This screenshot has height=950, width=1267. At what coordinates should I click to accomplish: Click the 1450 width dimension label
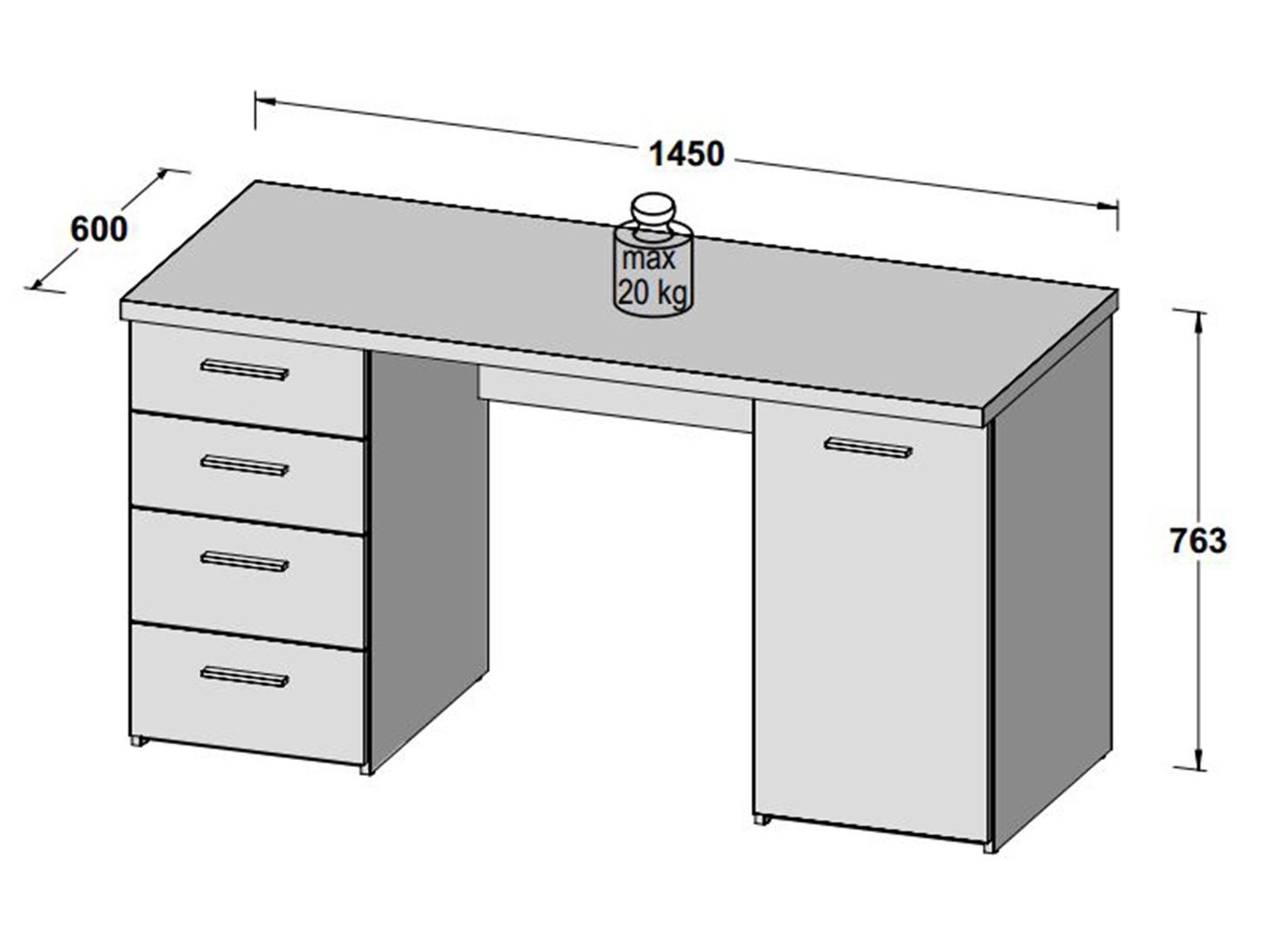tap(686, 154)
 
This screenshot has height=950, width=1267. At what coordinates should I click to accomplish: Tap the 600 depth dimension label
tap(99, 230)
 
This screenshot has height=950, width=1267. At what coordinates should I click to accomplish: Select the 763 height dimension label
tap(1197, 541)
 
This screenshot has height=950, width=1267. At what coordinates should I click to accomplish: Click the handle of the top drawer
tap(244, 369)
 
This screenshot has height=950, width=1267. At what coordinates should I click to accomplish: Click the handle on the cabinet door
tap(868, 447)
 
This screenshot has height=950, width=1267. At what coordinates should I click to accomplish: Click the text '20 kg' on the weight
tap(653, 293)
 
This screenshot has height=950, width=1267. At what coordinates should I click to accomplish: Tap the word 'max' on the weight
tap(648, 259)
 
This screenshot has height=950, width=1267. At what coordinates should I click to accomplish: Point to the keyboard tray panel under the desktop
tap(614, 400)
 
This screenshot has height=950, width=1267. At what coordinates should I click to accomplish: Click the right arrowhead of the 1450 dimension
tap(1109, 205)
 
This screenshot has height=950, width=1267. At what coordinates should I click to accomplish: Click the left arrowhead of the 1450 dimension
tap(264, 101)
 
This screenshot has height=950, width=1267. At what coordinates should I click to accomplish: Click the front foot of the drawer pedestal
tap(364, 768)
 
